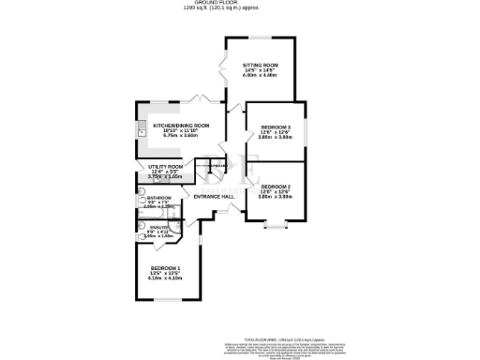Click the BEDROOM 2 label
tap(276, 187)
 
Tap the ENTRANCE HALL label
tap(213, 196)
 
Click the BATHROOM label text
tap(157, 199)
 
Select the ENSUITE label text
tap(158, 229)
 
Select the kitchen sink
tap(142, 132)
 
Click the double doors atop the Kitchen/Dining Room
tap(199, 97)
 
